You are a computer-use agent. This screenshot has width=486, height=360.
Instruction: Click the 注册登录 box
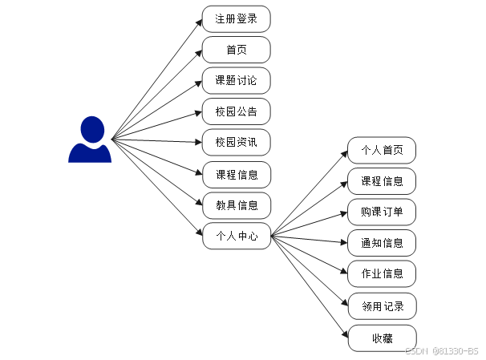(236, 18)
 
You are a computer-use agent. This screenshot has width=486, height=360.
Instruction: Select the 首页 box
(236, 50)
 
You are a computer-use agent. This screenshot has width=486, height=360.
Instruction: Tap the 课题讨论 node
(236, 81)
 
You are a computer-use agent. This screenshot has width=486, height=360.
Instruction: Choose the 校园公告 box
(236, 111)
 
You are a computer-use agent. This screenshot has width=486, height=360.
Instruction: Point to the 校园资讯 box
(236, 142)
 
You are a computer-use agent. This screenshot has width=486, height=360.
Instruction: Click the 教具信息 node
(236, 204)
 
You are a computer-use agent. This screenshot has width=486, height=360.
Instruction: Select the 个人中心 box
(236, 236)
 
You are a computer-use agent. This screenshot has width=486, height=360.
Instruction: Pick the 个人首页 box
(382, 150)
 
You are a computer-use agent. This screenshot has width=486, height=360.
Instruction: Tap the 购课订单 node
(382, 212)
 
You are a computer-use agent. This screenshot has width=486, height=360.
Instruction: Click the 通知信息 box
(382, 242)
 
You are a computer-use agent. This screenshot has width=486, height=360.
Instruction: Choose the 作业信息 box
(382, 273)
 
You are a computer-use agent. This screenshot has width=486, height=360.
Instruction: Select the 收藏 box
(382, 338)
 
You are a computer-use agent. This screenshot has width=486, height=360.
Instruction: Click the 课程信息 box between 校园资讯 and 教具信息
(236, 174)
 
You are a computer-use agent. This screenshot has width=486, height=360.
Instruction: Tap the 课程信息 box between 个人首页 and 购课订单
(382, 181)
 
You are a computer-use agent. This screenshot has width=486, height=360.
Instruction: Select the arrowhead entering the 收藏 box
(345, 335)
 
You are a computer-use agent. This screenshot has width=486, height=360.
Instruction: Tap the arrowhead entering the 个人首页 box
(344, 152)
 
